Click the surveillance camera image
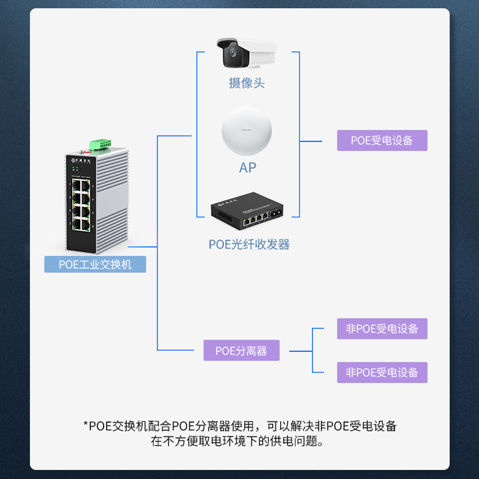pyautogui.click(x=246, y=53)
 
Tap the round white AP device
pyautogui.click(x=247, y=131)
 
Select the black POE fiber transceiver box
pyautogui.click(x=247, y=211)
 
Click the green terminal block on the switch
pyautogui.click(x=100, y=144)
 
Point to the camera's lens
pyautogui.click(x=233, y=53)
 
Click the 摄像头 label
pyautogui.click(x=247, y=83)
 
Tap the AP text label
pyautogui.click(x=247, y=168)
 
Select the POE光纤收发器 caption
pyautogui.click(x=249, y=244)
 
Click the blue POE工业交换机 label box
pyautogui.click(x=95, y=264)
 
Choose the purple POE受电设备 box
pyautogui.click(x=382, y=141)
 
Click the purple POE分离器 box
pyautogui.click(x=241, y=350)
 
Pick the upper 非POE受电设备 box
pyautogui.click(x=382, y=329)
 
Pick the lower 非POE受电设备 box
pyautogui.click(x=382, y=372)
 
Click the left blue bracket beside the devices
pyautogui.click(x=197, y=134)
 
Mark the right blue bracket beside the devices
pyautogui.click(x=299, y=134)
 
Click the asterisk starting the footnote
pyautogui.click(x=86, y=423)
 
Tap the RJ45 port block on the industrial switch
pyautogui.click(x=81, y=205)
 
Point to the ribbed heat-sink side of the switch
pyautogui.click(x=113, y=198)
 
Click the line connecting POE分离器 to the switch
pyautogui.click(x=157, y=298)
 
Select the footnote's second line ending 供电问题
pyautogui.click(x=237, y=441)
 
